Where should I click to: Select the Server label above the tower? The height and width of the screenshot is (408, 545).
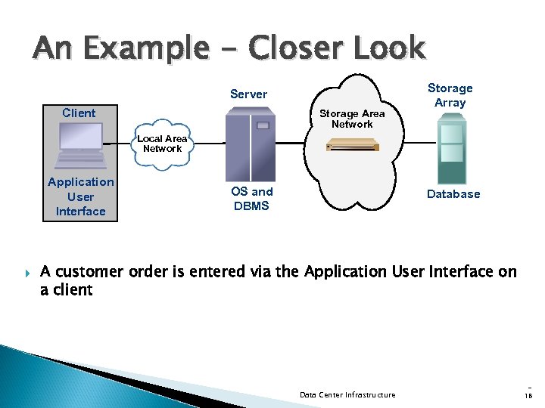(x=248, y=94)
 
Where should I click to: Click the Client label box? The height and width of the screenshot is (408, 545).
(x=79, y=113)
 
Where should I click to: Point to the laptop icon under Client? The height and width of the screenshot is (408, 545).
(x=81, y=144)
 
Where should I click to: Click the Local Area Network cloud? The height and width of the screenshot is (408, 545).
(x=162, y=144)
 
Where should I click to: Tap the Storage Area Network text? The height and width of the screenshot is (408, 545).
(x=352, y=119)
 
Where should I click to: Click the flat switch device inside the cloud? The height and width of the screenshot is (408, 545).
(x=351, y=146)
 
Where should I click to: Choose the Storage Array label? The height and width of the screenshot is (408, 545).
(x=450, y=95)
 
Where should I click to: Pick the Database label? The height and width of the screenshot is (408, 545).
(x=453, y=194)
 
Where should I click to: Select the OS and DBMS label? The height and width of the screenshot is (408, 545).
(x=251, y=199)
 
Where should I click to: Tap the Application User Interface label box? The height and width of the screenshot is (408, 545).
(x=80, y=196)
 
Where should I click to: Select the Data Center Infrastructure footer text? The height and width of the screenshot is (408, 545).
(x=347, y=394)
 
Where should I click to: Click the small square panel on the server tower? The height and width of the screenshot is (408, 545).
(x=263, y=125)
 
